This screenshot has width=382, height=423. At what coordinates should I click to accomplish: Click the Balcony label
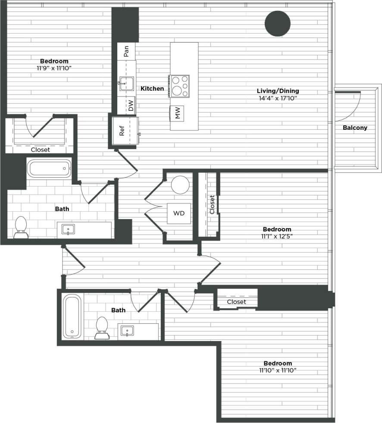(355, 128)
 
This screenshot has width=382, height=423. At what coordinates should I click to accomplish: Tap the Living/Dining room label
(278, 91)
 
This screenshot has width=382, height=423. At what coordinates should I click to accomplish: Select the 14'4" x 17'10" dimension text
(278, 98)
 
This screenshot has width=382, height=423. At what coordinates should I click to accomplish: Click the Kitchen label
(152, 88)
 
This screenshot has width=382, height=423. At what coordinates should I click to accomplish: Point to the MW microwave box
(177, 113)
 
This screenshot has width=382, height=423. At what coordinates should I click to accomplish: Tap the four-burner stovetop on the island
(179, 86)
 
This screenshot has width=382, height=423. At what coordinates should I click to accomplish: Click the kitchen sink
(126, 83)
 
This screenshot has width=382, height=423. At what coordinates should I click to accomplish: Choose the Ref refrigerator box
(122, 131)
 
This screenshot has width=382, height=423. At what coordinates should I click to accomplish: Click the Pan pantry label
(126, 52)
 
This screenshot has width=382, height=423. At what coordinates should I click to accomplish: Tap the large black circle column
(277, 24)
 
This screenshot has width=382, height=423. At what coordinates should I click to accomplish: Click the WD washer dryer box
(178, 213)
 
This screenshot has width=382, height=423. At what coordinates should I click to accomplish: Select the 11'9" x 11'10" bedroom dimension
(54, 68)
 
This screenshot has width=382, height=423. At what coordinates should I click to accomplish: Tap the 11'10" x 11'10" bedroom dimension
(278, 370)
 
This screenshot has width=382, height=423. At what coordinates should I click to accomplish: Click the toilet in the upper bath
(21, 227)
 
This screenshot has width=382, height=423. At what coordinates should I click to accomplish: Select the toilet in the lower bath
(102, 328)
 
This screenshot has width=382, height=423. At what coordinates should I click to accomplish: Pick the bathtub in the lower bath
(72, 316)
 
